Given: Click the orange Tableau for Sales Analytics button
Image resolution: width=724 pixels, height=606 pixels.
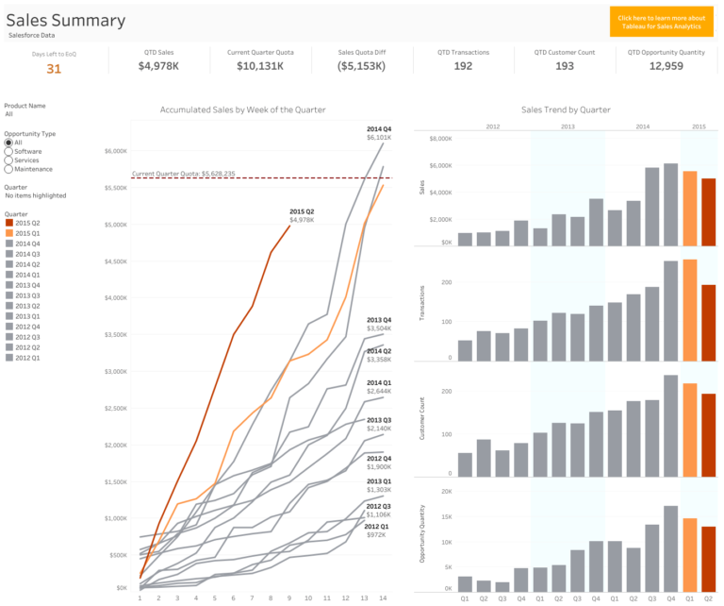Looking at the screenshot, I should [661, 22].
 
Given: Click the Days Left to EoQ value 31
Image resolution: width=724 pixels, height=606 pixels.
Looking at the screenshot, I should [54, 68].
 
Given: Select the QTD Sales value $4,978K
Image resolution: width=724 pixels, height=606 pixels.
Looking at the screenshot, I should [158, 66].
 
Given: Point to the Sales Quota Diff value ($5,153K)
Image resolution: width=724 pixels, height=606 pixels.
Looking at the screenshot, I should [361, 66].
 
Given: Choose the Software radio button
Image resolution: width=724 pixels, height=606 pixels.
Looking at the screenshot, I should [8, 151].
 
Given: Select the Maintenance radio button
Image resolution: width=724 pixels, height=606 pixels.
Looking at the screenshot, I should [8, 169].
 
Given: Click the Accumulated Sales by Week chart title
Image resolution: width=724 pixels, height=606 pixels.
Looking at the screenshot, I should [242, 109].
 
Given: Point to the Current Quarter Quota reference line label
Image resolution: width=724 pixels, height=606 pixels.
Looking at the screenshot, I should [184, 174].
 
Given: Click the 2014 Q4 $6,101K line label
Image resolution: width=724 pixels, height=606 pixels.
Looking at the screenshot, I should [379, 133].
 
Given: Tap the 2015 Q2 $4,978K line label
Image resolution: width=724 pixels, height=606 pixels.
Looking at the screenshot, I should [302, 215].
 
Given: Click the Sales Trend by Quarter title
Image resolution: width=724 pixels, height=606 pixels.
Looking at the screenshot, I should [566, 109].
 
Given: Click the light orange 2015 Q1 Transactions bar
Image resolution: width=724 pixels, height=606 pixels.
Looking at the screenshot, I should [689, 311].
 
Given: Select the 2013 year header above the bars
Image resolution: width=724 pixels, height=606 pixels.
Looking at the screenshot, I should [568, 126].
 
